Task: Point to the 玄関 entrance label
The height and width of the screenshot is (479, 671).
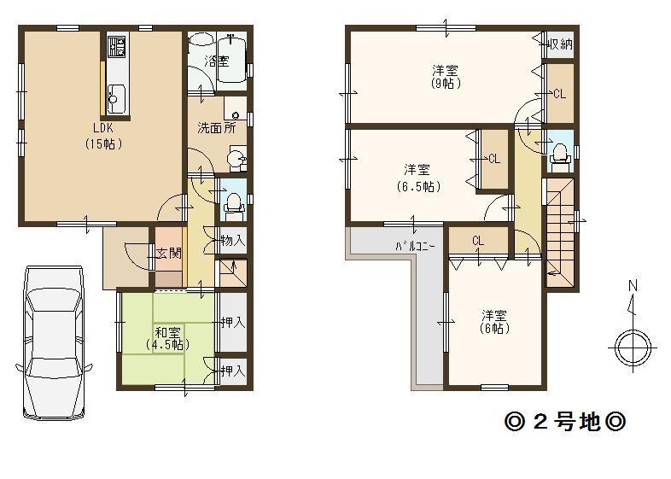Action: (166, 254)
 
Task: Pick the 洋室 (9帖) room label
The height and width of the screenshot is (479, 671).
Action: (446, 78)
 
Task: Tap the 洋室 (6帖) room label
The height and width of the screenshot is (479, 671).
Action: (495, 321)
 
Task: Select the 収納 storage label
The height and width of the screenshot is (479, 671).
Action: (560, 43)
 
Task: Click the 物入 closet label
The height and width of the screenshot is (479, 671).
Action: (232, 242)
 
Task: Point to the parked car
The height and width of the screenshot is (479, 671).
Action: (53, 342)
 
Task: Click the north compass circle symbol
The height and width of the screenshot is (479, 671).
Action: (633, 346)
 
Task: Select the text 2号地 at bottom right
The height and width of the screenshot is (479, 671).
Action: (567, 422)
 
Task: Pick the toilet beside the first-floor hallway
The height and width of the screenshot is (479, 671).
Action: (232, 202)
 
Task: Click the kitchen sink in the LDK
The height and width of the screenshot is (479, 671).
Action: (116, 98)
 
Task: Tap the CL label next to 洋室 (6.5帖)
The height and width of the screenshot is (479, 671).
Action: (494, 159)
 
